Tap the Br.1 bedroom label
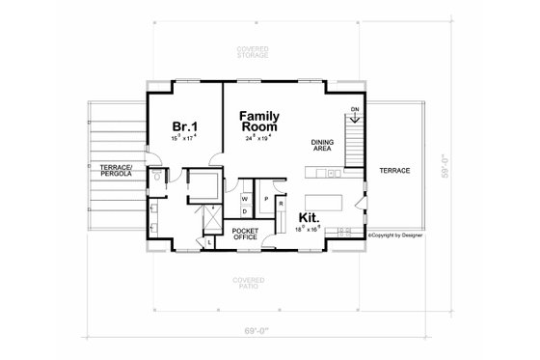[x=185, y=127]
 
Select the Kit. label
[x=310, y=218]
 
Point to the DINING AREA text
[x=323, y=147]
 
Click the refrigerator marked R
[x=280, y=205]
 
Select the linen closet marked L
[x=211, y=242]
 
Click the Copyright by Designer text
[x=395, y=234]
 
